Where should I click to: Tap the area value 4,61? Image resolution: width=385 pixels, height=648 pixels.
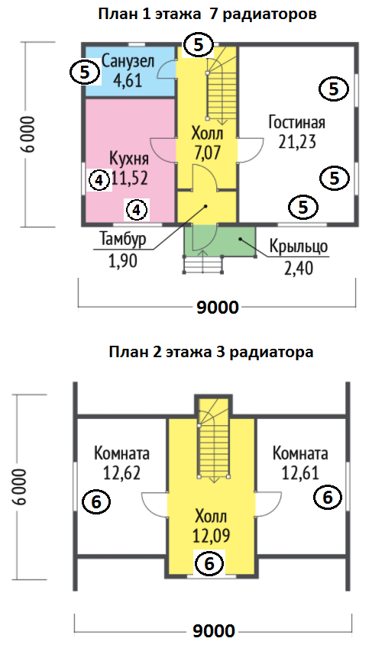pyautogui.click(x=128, y=79)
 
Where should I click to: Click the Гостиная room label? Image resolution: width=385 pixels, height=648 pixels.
pyautogui.click(x=297, y=123)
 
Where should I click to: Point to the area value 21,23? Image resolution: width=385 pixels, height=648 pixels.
pyautogui.click(x=297, y=141)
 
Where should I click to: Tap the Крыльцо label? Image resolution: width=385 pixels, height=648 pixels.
pyautogui.click(x=298, y=247)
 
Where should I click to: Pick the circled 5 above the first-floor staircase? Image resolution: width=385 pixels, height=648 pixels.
pyautogui.click(x=199, y=45)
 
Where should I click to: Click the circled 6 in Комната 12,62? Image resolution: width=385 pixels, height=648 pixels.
pyautogui.click(x=95, y=501)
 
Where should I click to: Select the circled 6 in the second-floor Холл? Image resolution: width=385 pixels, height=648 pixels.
pyautogui.click(x=210, y=563)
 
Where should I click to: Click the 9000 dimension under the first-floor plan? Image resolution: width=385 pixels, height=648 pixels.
pyautogui.click(x=218, y=307)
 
